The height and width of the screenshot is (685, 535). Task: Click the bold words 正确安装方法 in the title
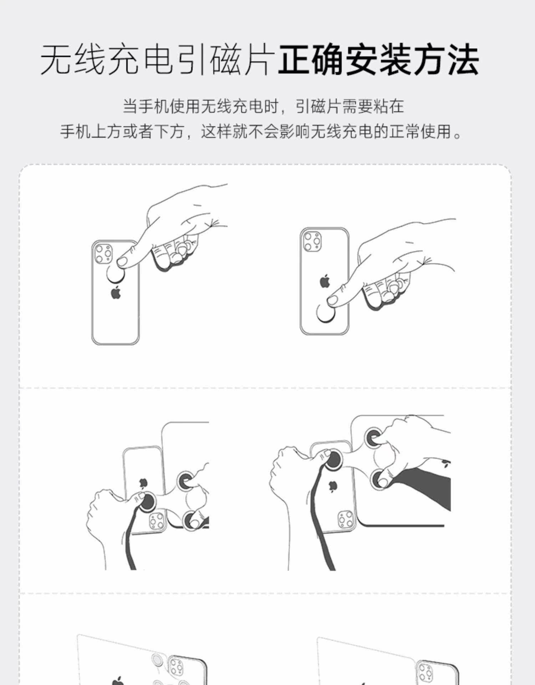378,60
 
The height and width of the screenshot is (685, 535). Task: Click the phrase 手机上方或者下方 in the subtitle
122,131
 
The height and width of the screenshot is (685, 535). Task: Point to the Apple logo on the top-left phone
116,293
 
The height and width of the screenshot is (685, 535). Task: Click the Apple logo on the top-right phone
324,281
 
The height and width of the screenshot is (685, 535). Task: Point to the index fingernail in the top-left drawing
122,262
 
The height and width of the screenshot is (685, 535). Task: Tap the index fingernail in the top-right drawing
332,300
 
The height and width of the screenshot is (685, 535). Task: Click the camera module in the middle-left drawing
157,522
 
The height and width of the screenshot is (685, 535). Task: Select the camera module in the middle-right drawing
346,519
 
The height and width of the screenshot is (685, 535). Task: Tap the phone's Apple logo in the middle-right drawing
333,486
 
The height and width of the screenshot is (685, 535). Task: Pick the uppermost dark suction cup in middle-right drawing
373,437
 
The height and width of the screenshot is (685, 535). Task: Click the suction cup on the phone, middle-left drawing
147,502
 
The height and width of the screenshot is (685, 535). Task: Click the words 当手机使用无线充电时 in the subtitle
200,106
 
